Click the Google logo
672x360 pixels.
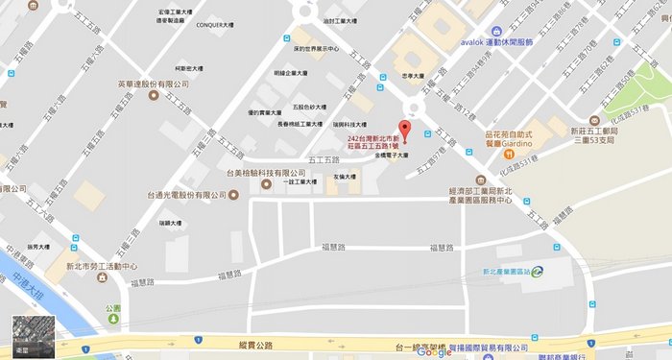434,351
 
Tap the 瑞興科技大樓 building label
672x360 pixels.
348,124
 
